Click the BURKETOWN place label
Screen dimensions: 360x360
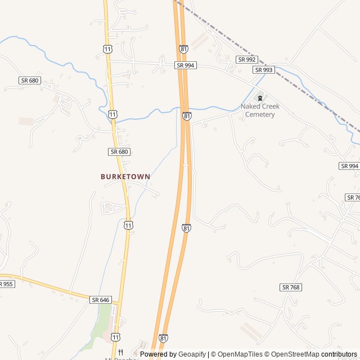coord(125,177)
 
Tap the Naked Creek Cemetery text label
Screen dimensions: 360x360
coord(260,110)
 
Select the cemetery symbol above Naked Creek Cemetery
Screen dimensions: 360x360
coord(260,98)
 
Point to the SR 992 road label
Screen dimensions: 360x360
coord(246,59)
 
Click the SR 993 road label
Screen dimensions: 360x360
coord(263,70)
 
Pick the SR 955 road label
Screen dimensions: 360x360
coord(6,284)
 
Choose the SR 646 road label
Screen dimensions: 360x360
coord(100,300)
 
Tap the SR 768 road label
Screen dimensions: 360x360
coord(290,287)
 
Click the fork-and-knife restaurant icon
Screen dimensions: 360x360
coord(120,352)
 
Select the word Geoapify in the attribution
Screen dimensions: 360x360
coord(192,354)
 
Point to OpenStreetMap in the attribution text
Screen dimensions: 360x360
coord(291,354)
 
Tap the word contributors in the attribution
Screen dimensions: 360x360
coord(339,354)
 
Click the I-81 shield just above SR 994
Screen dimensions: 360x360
coord(183,49)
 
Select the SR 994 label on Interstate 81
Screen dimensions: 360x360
coord(186,65)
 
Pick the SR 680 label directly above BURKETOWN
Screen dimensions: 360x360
coord(119,152)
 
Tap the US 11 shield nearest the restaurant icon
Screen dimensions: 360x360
coord(115,337)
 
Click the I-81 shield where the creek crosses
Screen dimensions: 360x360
coord(187,116)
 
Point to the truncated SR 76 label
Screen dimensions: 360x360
coord(353,197)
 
